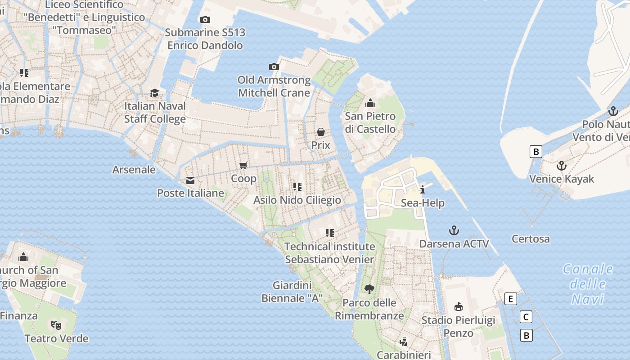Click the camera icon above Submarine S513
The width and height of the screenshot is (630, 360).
point(205,19)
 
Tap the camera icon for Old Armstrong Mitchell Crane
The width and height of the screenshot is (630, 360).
point(274,67)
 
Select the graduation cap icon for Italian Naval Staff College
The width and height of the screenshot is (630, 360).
point(155,93)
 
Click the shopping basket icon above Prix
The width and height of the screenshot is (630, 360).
point(321,132)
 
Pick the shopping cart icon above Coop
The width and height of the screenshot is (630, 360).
point(243,165)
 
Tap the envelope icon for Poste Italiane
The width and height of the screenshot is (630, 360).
point(190,180)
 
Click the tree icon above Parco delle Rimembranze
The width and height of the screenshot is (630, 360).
point(369,289)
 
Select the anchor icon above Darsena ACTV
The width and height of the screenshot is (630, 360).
point(454,231)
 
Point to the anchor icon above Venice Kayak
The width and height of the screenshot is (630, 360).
point(561,166)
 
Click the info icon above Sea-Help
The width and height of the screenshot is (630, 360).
point(423,189)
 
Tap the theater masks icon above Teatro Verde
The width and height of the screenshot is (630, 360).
point(56,325)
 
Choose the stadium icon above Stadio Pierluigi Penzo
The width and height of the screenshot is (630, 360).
point(459,307)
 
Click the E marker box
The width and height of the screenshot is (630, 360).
point(510,299)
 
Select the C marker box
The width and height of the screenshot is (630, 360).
point(526,317)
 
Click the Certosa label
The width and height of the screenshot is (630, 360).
point(531,238)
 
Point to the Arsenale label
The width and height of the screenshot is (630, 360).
point(134,170)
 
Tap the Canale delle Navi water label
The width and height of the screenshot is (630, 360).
point(588,284)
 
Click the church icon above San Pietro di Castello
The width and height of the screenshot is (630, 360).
point(370,103)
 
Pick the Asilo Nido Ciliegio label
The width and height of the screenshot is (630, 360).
point(297,200)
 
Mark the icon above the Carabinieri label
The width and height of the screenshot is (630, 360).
point(404,342)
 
